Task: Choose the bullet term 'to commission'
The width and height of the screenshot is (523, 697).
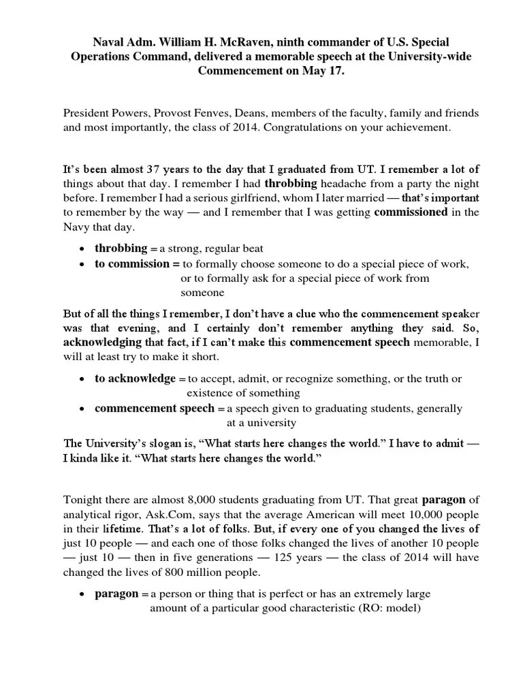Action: tap(132, 263)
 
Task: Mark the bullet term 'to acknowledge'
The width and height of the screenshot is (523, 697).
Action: tap(136, 378)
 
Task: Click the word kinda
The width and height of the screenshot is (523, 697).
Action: tap(90, 458)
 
